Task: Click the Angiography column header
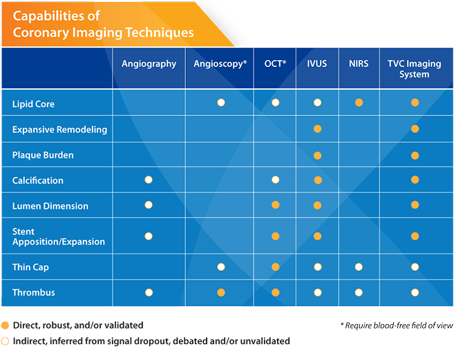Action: click(149, 64)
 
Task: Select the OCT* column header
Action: click(275, 64)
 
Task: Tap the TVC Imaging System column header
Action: click(414, 69)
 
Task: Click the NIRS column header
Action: click(359, 64)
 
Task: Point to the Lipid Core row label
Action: click(33, 104)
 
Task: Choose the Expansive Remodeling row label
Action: click(59, 129)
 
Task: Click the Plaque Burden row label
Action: click(43, 155)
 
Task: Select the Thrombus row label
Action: click(33, 292)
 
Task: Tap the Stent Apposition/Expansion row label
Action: click(59, 236)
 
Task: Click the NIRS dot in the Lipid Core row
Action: click(359, 103)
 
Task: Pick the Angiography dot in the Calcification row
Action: click(149, 180)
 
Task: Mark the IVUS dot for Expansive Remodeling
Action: click(318, 129)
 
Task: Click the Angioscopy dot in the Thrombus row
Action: click(221, 292)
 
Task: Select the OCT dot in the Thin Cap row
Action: click(276, 267)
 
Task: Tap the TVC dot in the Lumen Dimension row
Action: click(415, 205)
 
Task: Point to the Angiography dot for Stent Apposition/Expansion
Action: click(149, 236)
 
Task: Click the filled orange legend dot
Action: click(5, 325)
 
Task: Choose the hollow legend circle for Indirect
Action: click(5, 341)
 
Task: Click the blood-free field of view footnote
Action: click(397, 325)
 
